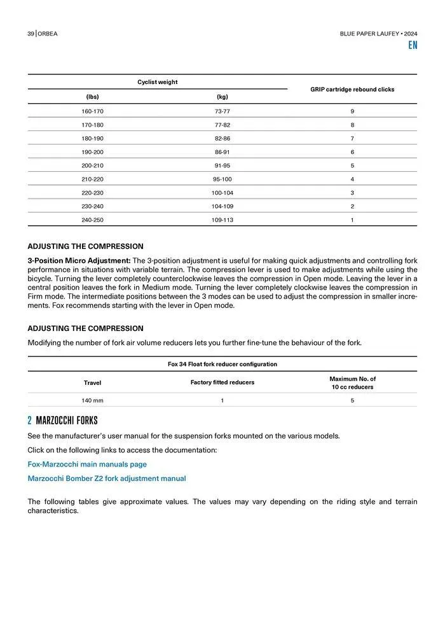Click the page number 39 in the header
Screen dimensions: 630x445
pyautogui.click(x=30, y=33)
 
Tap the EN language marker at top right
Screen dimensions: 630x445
pyautogui.click(x=413, y=45)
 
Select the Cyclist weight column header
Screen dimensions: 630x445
pyautogui.click(x=157, y=82)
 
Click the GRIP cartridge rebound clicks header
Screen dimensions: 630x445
pyautogui.click(x=352, y=90)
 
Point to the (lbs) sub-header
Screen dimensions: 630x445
pyautogui.click(x=92, y=97)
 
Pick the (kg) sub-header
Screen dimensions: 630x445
pyautogui.click(x=222, y=97)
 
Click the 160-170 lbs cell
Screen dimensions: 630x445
pyautogui.click(x=92, y=111)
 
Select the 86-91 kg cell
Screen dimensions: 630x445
pyautogui.click(x=222, y=152)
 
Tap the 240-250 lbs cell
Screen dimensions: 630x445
pyautogui.click(x=92, y=220)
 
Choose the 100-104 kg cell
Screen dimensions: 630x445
pyautogui.click(x=222, y=193)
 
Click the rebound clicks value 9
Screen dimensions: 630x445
pyautogui.click(x=352, y=111)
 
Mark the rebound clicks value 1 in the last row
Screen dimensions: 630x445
pyautogui.click(x=352, y=220)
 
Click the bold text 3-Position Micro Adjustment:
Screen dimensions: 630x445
pyautogui.click(x=79, y=260)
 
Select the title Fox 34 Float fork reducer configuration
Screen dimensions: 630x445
pyautogui.click(x=222, y=365)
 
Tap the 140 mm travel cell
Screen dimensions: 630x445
pyautogui.click(x=92, y=401)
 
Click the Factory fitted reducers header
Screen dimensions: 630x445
pyautogui.click(x=222, y=382)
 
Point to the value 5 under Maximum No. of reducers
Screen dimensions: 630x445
pyautogui.click(x=352, y=401)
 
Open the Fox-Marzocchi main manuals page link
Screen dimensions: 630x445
pyautogui.click(x=86, y=465)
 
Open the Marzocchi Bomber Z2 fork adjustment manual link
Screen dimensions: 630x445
pyautogui.click(x=107, y=479)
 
